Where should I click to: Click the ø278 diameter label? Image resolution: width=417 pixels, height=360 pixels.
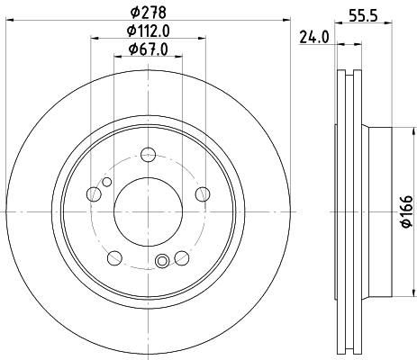pos(148,13)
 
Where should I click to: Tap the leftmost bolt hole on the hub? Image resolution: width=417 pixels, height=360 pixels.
pos(93,193)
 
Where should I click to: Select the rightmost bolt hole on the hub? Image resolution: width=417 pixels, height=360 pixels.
pos(203,193)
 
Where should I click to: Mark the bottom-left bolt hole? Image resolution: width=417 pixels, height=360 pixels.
pos(113,258)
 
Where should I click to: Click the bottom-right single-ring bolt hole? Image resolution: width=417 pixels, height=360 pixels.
pos(182,258)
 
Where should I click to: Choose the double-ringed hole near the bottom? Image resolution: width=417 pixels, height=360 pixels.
pos(162,262)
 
